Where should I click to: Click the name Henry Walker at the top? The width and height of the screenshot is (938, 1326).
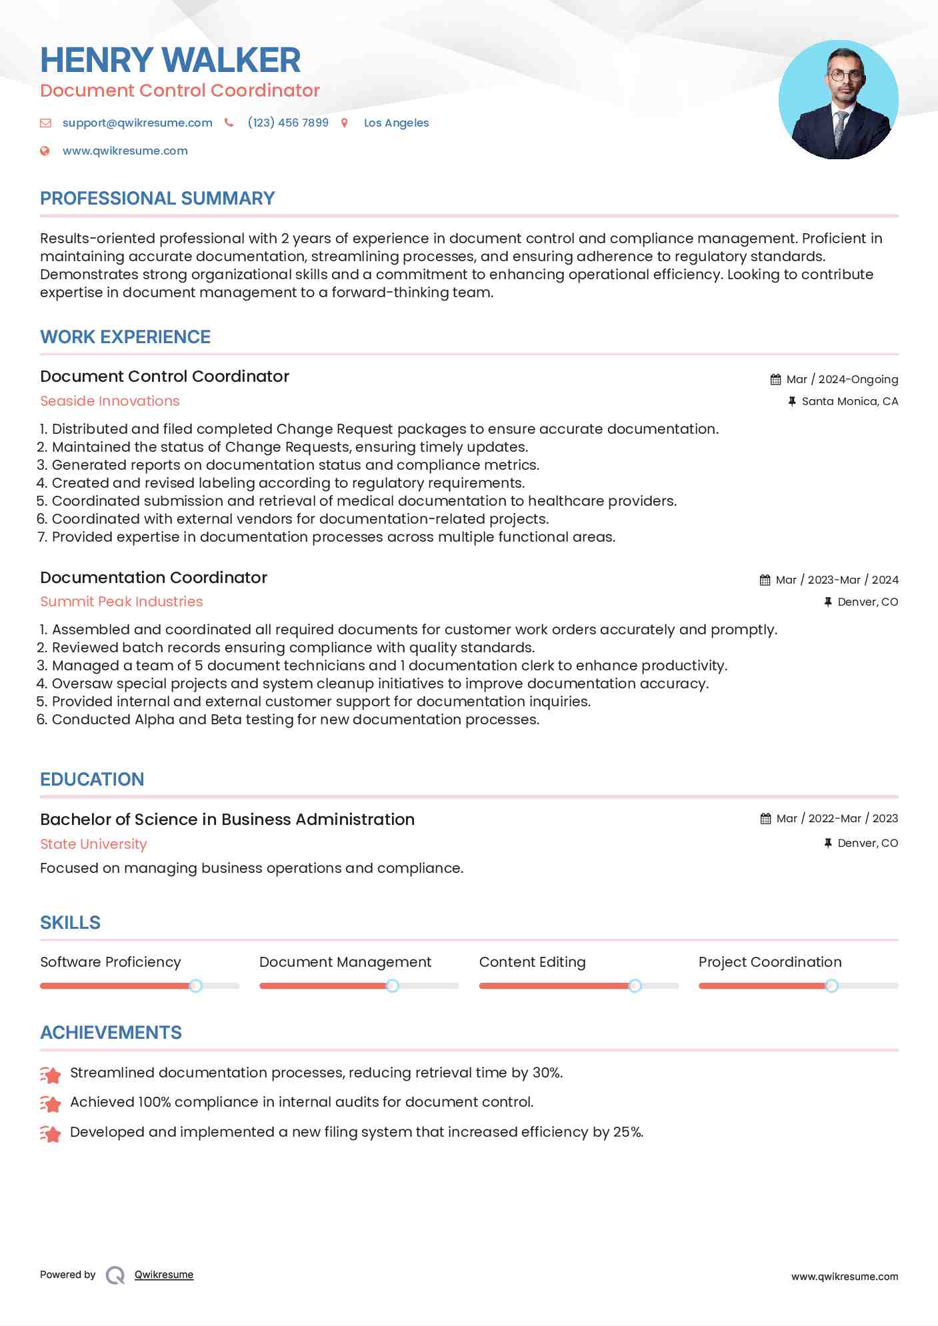click(170, 60)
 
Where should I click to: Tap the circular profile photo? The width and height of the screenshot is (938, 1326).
click(838, 100)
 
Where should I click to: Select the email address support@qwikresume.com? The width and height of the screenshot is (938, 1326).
click(137, 123)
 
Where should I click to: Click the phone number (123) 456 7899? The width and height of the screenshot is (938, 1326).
click(288, 123)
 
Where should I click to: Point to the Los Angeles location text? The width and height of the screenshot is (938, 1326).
click(396, 123)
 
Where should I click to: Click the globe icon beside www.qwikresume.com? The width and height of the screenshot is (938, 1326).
click(45, 151)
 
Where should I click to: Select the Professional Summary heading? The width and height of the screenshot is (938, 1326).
click(157, 199)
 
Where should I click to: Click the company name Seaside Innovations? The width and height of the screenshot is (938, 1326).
click(110, 401)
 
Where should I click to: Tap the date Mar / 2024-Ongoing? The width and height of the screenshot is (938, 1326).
click(842, 379)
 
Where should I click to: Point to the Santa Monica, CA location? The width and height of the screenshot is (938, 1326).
click(849, 401)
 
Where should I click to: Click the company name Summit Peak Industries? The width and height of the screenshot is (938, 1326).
click(121, 602)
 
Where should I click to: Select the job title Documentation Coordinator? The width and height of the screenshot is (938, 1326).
click(153, 578)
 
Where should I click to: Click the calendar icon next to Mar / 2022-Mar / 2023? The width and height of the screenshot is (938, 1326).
click(765, 819)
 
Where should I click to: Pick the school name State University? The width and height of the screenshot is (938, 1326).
click(93, 844)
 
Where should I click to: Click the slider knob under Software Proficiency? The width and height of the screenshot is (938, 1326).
click(195, 986)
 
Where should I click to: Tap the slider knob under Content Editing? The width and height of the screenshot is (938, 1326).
click(635, 986)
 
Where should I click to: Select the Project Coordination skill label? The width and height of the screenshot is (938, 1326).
click(770, 962)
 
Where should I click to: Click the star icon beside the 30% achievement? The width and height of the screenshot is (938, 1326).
click(51, 1074)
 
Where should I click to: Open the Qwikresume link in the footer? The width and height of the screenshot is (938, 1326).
click(164, 1275)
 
